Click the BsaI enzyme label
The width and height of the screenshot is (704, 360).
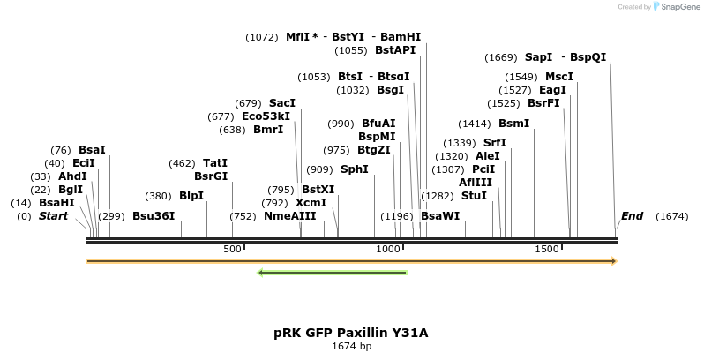pos(92,150)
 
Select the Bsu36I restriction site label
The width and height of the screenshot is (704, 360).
pos(154,216)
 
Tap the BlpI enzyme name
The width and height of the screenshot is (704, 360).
pos(191,196)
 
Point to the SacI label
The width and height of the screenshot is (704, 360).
pos(282,103)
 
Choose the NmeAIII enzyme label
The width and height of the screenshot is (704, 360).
pos(289,216)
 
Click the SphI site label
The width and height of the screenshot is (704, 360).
pos(355,169)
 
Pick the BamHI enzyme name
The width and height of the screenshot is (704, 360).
pos(401,37)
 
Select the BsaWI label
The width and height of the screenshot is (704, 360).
pos(440,216)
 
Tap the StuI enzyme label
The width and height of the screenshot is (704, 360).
pos(474,196)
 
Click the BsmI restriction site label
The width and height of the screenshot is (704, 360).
pos(513,124)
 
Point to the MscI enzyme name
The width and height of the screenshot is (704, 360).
pos(559,77)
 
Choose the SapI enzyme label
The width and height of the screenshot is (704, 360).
pos(538,57)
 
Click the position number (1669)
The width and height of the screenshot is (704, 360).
pos(501,57)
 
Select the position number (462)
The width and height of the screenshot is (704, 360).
pos(182,163)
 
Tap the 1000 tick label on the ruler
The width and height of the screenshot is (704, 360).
pos(389,250)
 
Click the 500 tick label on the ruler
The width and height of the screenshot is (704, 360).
pos(232,250)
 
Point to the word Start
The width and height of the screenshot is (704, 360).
pos(53,216)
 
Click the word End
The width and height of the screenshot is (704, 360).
pos(632,216)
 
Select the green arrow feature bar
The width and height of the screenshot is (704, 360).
pos(332,273)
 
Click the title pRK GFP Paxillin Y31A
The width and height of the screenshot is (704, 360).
pos(351,333)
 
